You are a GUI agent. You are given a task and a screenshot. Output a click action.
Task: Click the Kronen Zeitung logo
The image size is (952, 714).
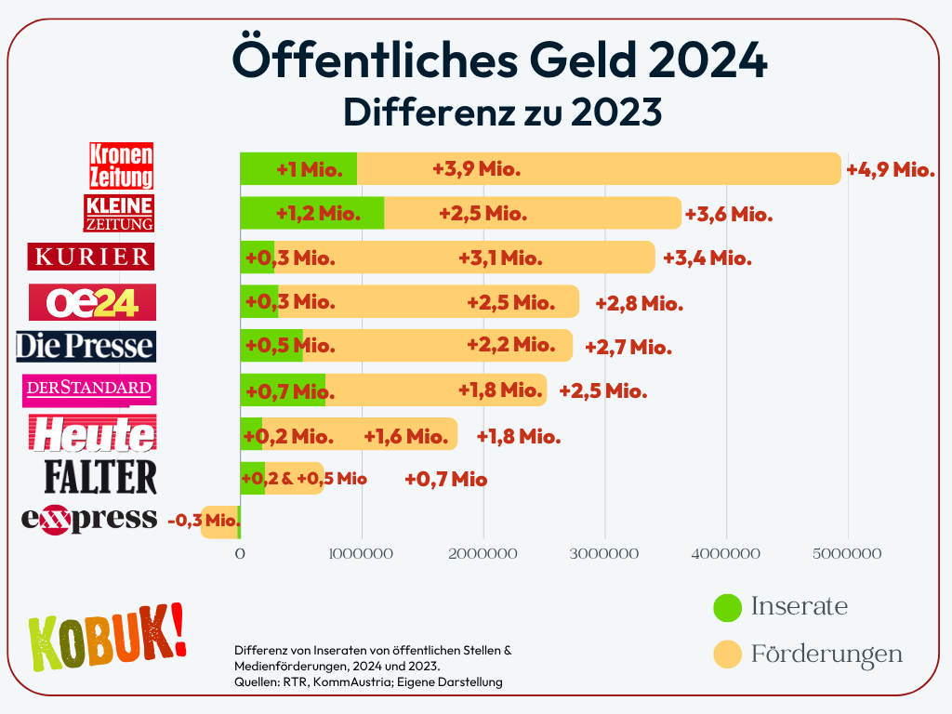tap(121, 165)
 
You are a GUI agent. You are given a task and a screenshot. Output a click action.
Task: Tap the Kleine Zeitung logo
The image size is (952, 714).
tap(118, 213)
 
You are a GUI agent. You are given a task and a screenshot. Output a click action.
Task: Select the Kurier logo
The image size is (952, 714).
tap(90, 256)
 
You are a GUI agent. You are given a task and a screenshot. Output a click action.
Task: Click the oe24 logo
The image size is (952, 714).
tap(92, 301)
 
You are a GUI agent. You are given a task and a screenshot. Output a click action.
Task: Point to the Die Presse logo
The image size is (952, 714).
tap(86, 346)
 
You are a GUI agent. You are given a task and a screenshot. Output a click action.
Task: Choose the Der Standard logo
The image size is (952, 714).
tap(89, 390)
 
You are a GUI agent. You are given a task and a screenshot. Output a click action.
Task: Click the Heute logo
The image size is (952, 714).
tap(92, 434)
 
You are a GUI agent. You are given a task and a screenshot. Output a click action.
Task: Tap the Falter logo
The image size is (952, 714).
tap(100, 476)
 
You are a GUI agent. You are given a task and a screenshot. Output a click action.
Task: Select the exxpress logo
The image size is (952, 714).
tap(89, 519)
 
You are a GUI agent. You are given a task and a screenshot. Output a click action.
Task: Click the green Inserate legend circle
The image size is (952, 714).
tap(727, 607)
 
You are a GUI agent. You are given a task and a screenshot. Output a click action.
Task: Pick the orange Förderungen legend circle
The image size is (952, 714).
tap(727, 654)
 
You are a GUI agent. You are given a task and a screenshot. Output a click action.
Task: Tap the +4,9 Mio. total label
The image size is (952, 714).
tap(890, 169)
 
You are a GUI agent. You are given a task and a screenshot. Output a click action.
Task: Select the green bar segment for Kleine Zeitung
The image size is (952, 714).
tap(311, 213)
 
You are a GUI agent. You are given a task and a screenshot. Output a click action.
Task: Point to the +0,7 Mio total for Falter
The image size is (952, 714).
tap(446, 480)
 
